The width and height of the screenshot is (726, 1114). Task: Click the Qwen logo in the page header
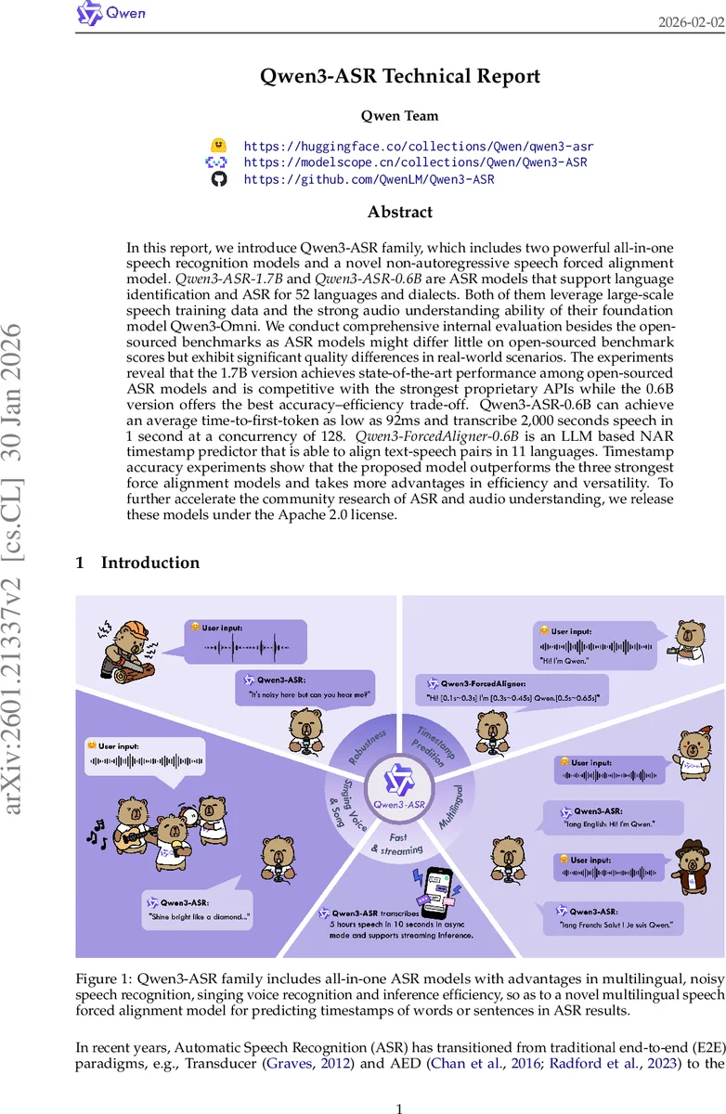pyautogui.click(x=110, y=14)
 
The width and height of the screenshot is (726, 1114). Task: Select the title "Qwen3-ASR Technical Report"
pyautogui.click(x=400, y=76)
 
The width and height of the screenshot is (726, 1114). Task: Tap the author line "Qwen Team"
pyautogui.click(x=400, y=116)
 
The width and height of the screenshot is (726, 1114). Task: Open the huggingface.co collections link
pyautogui.click(x=419, y=146)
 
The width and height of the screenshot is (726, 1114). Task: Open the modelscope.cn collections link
pyautogui.click(x=415, y=162)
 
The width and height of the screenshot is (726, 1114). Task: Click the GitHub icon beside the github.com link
pyautogui.click(x=219, y=179)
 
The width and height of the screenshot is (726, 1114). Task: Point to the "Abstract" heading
pyautogui.click(x=400, y=212)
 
